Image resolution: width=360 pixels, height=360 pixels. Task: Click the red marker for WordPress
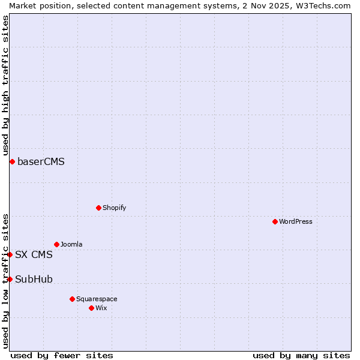(x=275, y=221)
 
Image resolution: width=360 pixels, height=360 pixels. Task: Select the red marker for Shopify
(x=98, y=208)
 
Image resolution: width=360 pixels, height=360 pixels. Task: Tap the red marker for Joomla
(x=56, y=244)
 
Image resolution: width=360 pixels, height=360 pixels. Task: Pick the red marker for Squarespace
(x=72, y=299)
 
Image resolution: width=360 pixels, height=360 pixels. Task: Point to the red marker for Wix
(x=91, y=308)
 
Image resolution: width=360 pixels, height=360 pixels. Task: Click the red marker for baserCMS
(x=12, y=161)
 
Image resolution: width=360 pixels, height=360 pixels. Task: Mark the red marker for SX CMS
(x=10, y=254)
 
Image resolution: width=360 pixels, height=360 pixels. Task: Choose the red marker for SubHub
(x=10, y=279)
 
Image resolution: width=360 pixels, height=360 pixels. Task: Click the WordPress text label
(x=296, y=221)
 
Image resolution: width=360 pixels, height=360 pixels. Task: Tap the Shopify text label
(x=114, y=208)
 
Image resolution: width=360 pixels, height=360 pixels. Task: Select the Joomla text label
(x=71, y=244)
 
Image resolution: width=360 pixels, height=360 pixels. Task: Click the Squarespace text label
(x=97, y=299)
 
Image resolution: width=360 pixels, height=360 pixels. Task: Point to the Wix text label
(x=101, y=308)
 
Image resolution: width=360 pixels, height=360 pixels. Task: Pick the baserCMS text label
(x=41, y=161)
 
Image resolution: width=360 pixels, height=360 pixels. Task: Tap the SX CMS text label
(x=34, y=254)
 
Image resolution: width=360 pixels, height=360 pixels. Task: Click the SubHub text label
(x=34, y=279)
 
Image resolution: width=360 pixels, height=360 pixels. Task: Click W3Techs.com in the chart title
(x=322, y=5)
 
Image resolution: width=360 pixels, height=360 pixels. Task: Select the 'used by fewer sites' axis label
(x=62, y=355)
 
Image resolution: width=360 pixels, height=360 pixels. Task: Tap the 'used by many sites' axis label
(x=301, y=355)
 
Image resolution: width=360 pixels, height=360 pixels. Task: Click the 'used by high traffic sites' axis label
(x=5, y=86)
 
